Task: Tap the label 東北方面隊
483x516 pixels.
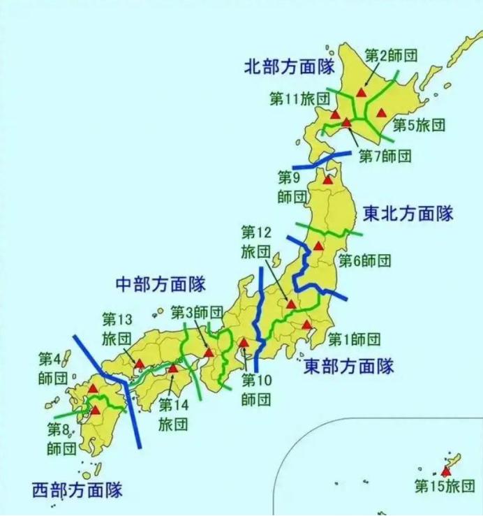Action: click(408, 214)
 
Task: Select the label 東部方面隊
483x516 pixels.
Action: click(349, 366)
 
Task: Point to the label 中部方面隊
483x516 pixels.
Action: click(160, 284)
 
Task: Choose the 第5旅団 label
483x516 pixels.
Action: click(418, 126)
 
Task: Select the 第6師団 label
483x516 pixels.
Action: click(364, 261)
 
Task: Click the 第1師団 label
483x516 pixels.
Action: click(355, 340)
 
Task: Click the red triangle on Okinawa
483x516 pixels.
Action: click(446, 471)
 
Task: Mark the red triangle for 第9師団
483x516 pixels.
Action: click(327, 179)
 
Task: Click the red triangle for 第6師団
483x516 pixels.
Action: click(318, 245)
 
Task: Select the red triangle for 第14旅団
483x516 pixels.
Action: click(173, 367)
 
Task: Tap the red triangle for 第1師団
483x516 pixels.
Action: click(306, 325)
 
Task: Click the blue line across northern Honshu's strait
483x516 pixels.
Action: click(322, 160)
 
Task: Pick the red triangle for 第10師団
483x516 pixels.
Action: click(244, 343)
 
